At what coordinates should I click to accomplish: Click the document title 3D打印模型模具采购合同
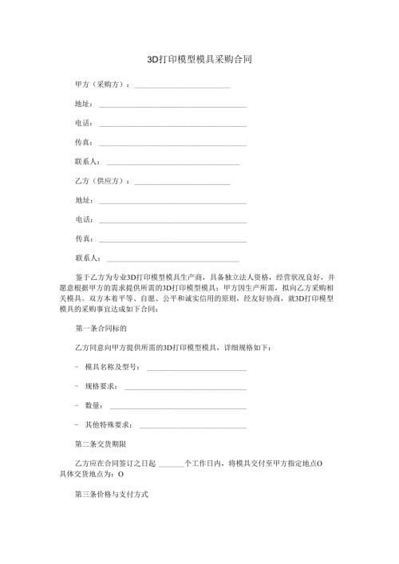[x=200, y=59]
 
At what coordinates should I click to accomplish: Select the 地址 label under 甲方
[x=83, y=104]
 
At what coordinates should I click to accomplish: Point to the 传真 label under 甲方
[x=83, y=142]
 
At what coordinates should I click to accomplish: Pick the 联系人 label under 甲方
[x=86, y=161]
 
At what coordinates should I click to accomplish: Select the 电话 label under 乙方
[x=83, y=219]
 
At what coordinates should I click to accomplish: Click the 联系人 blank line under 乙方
[x=173, y=259]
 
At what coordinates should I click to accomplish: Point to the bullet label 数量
[x=93, y=406]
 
